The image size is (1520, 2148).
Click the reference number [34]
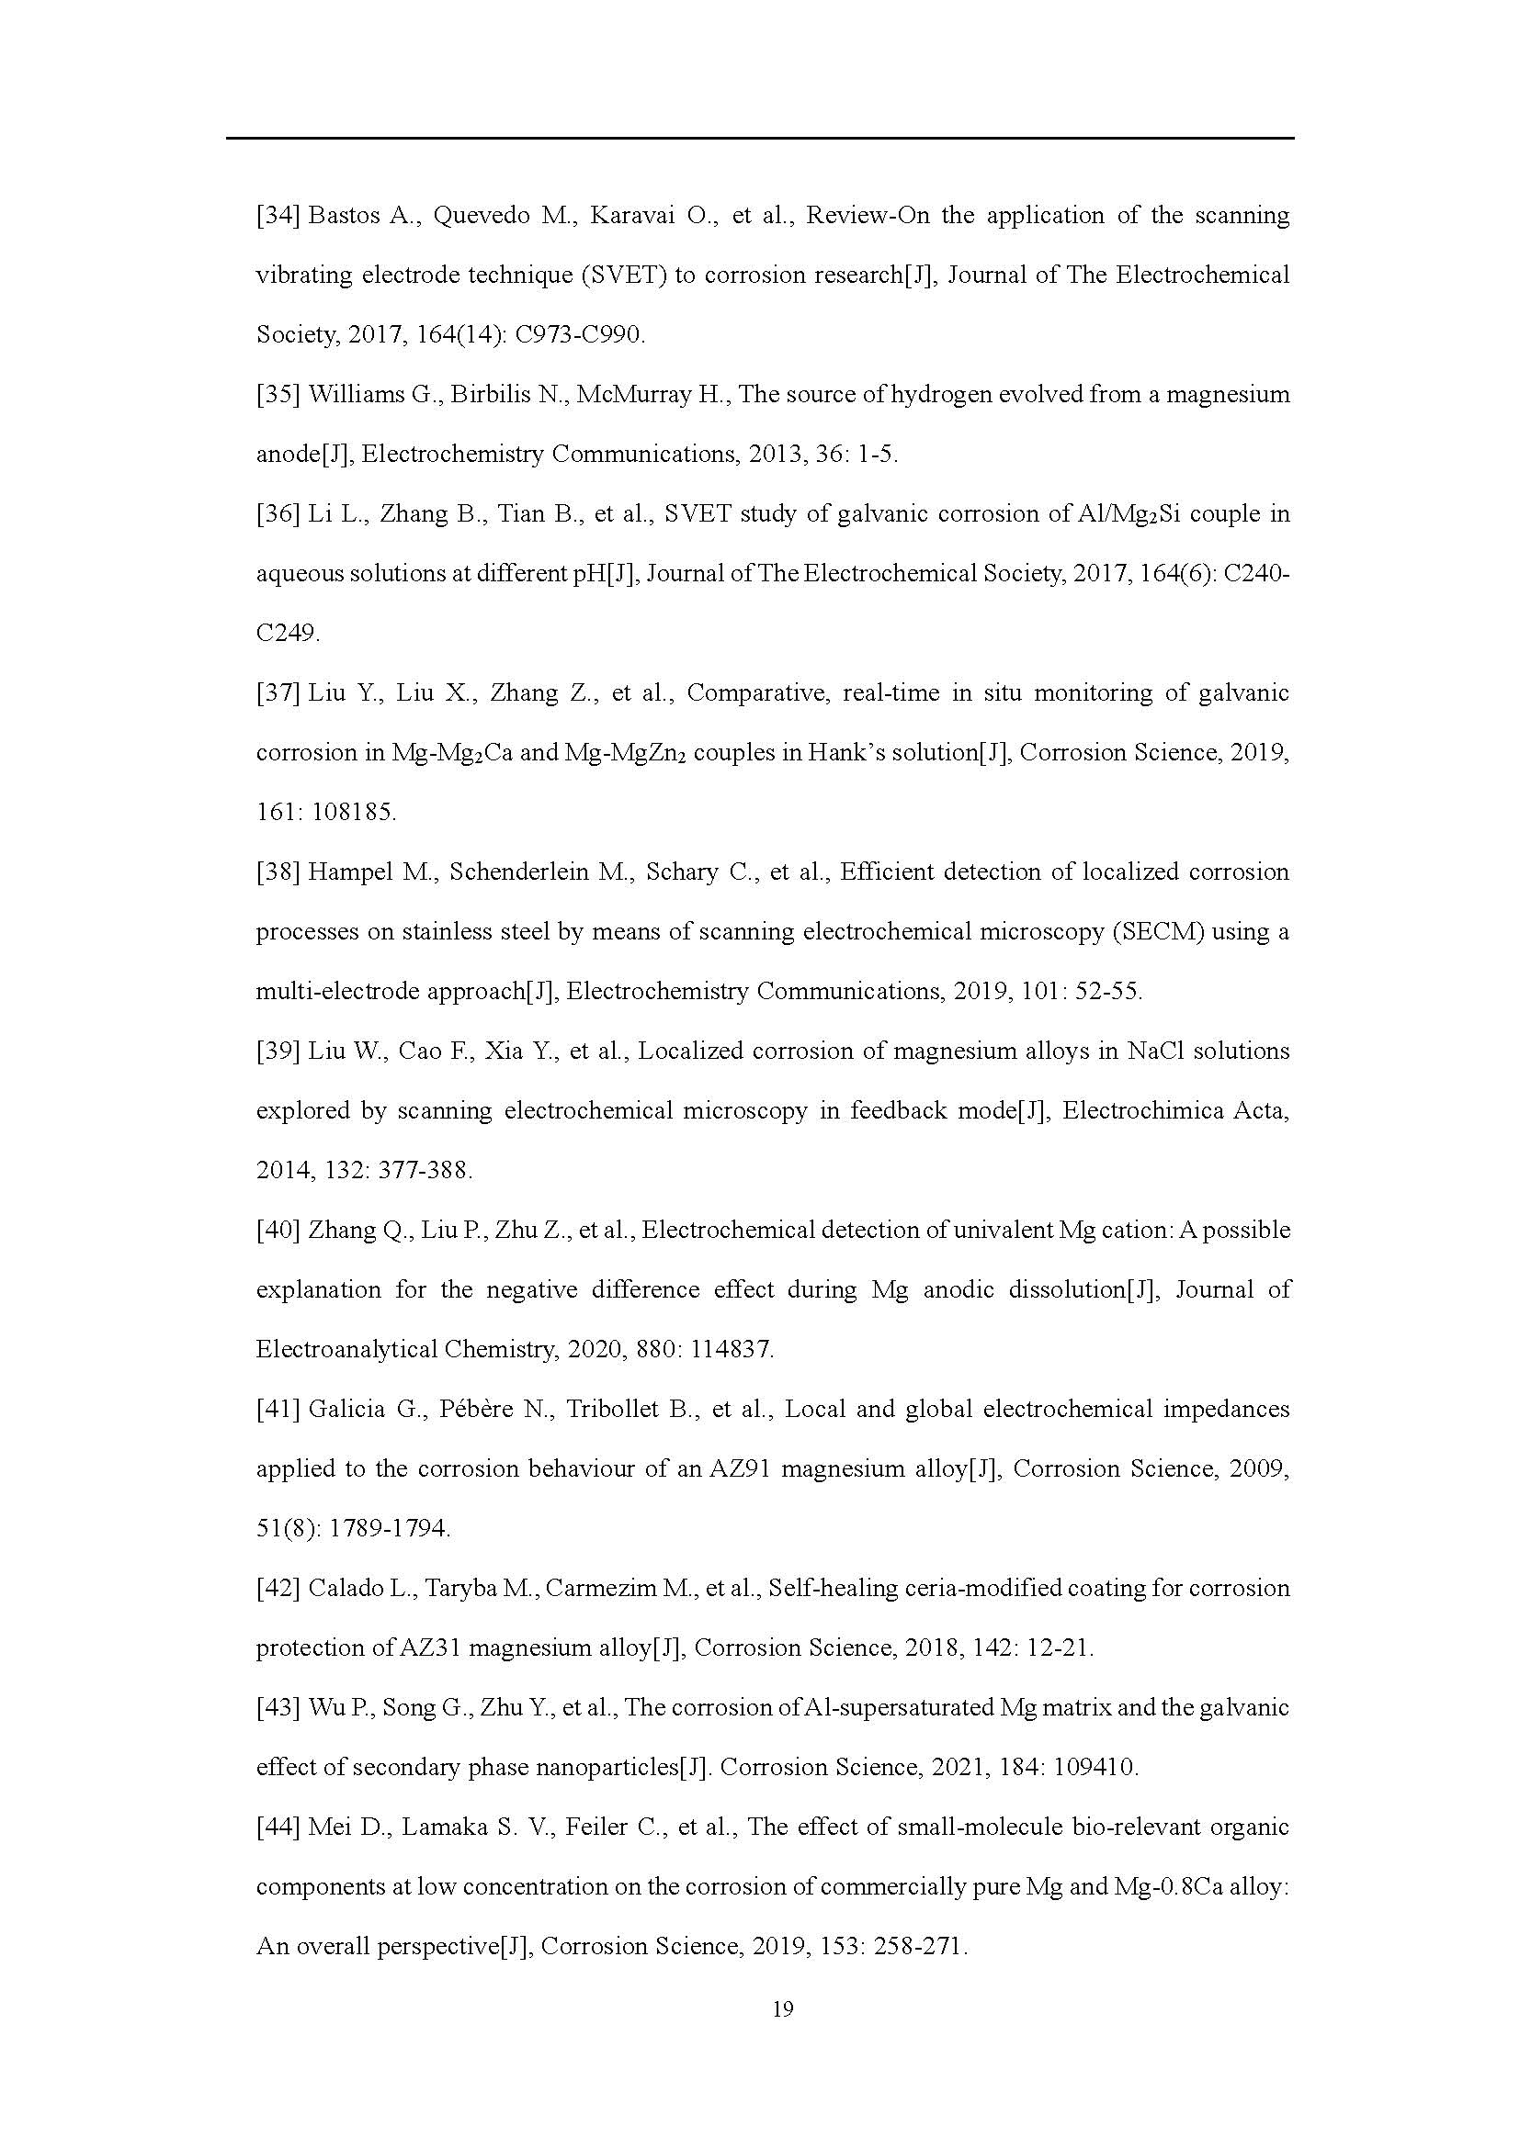[x=278, y=216]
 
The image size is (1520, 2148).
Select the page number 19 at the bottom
[x=783, y=2036]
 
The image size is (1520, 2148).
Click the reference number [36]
[x=278, y=514]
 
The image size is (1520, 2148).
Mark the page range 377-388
[x=425, y=1170]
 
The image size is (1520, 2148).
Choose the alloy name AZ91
[x=740, y=1468]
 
